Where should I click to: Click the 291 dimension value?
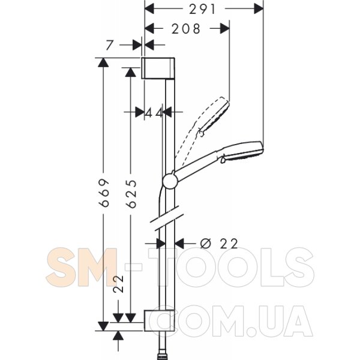[202, 10]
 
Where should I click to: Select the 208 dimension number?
[186, 29]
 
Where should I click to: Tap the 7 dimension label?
[110, 45]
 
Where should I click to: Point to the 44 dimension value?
[154, 113]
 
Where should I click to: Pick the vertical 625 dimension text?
[131, 194]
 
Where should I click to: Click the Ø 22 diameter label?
[219, 244]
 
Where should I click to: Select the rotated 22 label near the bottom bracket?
[118, 284]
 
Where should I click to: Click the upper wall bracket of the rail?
[158, 68]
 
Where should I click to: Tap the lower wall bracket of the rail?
[160, 320]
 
